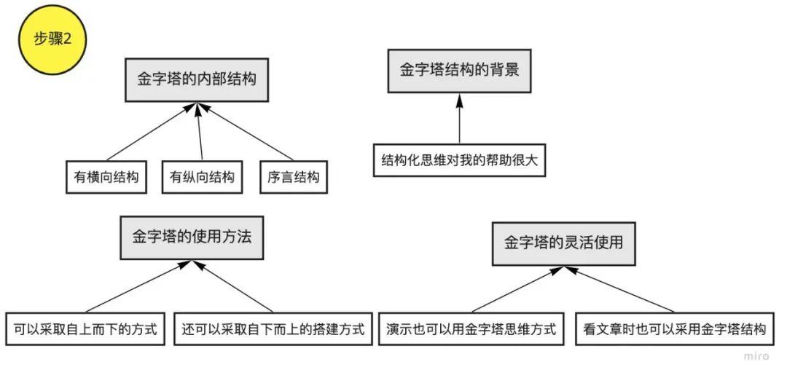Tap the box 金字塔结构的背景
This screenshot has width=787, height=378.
click(x=459, y=71)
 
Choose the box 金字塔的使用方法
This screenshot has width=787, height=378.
click(x=192, y=237)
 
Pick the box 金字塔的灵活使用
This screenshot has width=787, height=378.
click(x=563, y=243)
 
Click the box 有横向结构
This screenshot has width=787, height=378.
click(x=106, y=176)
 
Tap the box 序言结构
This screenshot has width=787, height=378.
click(x=294, y=176)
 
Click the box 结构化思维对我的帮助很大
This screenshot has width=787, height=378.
click(x=459, y=160)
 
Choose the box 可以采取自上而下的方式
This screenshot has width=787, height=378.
click(x=85, y=328)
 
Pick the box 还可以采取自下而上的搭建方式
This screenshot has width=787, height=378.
click(x=273, y=328)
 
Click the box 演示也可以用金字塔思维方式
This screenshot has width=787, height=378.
click(x=471, y=328)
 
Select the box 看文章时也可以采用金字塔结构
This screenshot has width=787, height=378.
click(x=675, y=328)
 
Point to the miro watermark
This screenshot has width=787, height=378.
click(x=756, y=356)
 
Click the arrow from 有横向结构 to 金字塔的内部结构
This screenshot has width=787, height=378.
click(x=149, y=133)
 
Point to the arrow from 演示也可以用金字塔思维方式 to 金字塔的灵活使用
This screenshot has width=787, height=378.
click(x=518, y=289)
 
